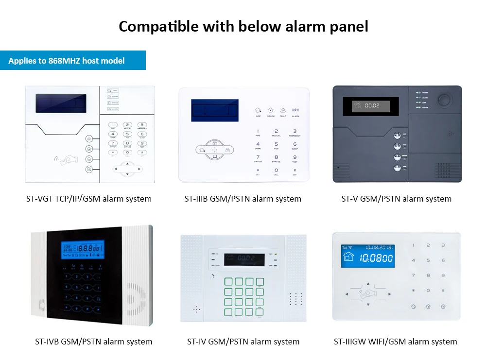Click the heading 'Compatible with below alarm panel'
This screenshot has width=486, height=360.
coord(243,26)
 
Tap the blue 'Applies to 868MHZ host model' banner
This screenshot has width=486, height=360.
coord(67,61)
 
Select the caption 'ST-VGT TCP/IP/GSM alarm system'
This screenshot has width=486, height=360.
coord(89,199)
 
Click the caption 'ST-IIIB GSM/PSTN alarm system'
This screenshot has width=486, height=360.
coord(243,199)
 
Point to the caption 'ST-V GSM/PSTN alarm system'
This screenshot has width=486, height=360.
coord(397,199)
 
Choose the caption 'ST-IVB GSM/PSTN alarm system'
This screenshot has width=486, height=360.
coord(94,342)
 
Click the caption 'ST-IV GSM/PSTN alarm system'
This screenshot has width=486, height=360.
coord(243,342)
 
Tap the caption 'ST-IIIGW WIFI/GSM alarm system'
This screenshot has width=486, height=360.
coord(396,342)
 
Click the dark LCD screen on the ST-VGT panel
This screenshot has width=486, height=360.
coord(61,103)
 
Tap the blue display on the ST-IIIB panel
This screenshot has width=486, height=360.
coord(215,110)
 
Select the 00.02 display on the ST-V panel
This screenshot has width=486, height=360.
coord(366,105)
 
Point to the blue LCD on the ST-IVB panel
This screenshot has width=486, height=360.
coord(83,249)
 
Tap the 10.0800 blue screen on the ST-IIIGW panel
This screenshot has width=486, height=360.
coord(367,256)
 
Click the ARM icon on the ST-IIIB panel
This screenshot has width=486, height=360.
coord(258,111)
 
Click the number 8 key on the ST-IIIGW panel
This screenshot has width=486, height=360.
coord(428,275)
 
